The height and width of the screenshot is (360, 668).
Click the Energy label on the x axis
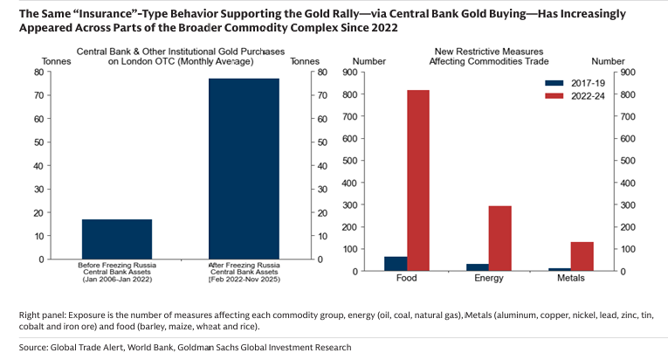point(486,279)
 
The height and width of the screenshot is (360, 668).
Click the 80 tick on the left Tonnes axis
point(38,72)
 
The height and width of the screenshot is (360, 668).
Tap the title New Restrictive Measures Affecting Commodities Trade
point(483,56)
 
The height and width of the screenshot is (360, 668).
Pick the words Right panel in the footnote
point(43,314)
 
